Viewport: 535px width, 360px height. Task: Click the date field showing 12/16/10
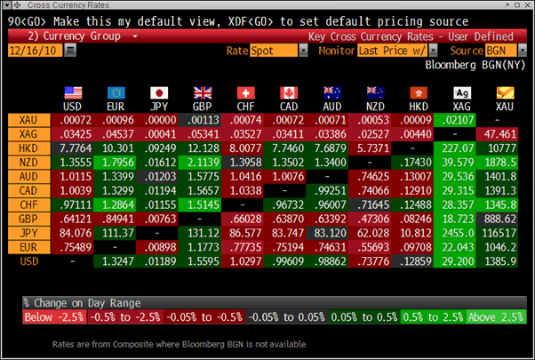pos(34,52)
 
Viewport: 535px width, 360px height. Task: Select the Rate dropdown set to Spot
pos(272,52)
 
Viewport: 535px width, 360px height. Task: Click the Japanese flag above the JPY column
pos(160,92)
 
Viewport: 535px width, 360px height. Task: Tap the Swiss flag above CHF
pos(245,92)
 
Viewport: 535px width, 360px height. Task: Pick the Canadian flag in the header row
pos(288,92)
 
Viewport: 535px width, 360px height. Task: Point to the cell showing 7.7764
pos(75,148)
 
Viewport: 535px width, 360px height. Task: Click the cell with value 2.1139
pos(202,163)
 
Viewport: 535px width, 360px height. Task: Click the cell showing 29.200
pos(458,261)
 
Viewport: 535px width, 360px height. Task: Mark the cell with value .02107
pos(458,120)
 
